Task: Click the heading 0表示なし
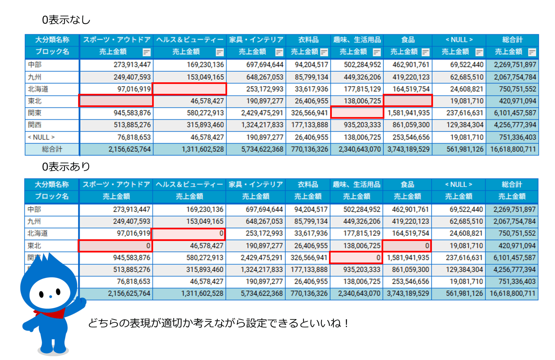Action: pos(66,20)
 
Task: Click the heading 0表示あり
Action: pos(66,167)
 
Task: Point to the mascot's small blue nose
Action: pos(51,296)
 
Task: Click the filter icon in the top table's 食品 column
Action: pos(425,52)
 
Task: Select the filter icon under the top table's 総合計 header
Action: pos(532,52)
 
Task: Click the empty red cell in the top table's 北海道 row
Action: pos(189,89)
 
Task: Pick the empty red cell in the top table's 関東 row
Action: pos(357,113)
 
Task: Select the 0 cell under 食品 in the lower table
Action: pos(407,246)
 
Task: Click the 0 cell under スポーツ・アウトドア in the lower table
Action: pos(115,246)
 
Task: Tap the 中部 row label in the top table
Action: pos(35,65)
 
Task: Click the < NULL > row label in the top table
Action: pos(41,137)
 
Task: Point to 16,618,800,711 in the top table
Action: pos(513,149)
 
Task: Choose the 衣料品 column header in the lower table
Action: pos(308,184)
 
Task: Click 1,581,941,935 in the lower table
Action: pos(408,258)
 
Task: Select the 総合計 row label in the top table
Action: pos(52,149)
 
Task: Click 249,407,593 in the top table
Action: pos(132,77)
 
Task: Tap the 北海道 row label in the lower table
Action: pos(38,233)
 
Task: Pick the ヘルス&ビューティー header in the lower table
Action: pos(189,184)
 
